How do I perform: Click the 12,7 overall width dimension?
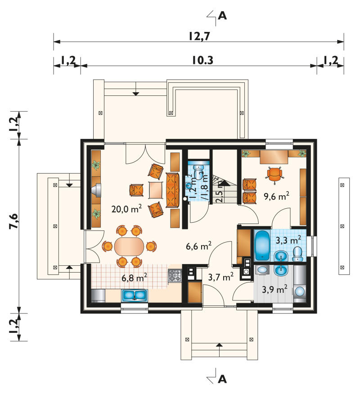pos(199,36)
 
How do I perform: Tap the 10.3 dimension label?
pos(202,60)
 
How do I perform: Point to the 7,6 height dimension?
pos(14,221)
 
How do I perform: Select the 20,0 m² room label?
pos(126,209)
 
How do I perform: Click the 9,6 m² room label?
pos(276,196)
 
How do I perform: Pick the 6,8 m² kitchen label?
pos(134,278)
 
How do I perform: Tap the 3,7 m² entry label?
pos(221,277)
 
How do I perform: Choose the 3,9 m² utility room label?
pos(274,289)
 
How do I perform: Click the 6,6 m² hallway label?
pos(198,246)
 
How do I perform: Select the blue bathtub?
pos(262,246)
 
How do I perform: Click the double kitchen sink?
pos(135,295)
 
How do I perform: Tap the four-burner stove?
pos(175,275)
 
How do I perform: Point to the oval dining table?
pos(130,246)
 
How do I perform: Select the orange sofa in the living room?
pos(172,190)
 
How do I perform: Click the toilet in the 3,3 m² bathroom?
pos(297,254)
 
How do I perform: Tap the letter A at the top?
pos(222,16)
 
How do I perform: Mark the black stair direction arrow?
pos(226,183)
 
